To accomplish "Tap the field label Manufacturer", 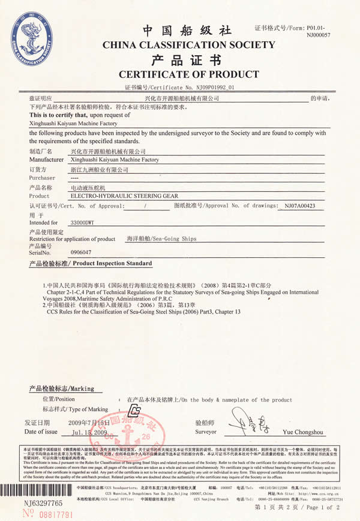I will (47, 160).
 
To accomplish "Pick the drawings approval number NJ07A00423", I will (300, 206).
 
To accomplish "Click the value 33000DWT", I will (82, 222).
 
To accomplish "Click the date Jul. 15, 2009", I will (89, 432).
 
